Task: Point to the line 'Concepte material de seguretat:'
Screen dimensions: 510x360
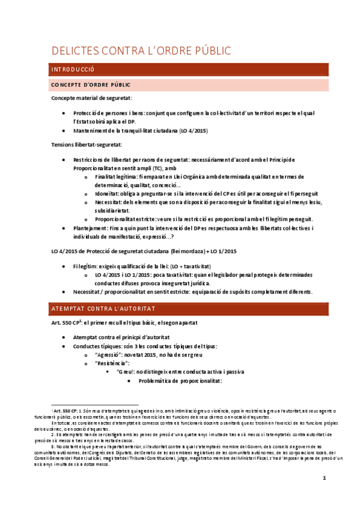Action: point(91,98)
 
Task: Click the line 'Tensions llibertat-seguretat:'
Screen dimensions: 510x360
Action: point(87,144)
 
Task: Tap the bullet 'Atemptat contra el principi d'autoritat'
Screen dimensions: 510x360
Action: point(130,338)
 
